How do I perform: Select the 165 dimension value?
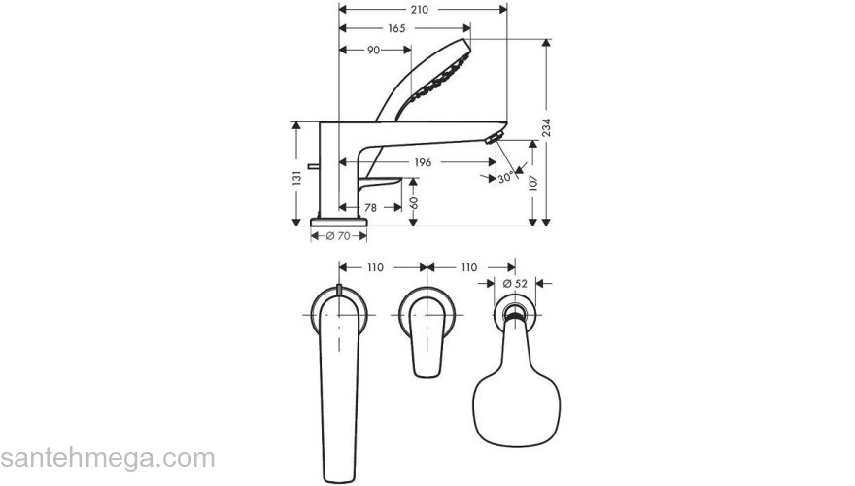[396, 28]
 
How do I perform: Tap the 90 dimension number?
[373, 50]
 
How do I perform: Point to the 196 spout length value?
[423, 162]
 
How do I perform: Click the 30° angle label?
[505, 178]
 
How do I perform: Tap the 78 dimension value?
[370, 207]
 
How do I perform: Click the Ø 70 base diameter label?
[337, 236]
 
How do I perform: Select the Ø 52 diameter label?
[515, 283]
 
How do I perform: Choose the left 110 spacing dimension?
[375, 266]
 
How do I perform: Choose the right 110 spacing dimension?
[467, 266]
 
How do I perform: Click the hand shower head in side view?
[439, 78]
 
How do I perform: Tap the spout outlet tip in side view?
[496, 137]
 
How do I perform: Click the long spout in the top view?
[336, 389]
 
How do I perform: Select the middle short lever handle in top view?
[426, 335]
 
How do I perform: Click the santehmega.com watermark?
[107, 458]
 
